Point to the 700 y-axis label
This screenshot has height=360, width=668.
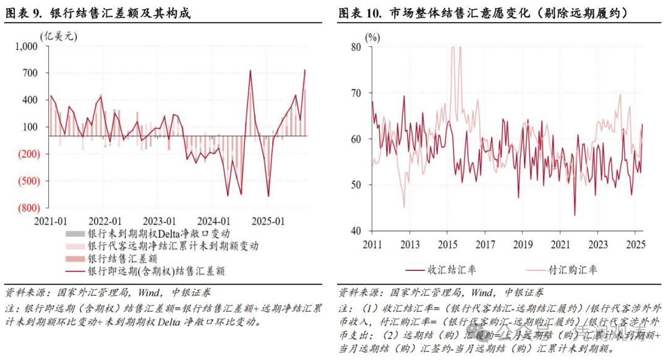point(29,73)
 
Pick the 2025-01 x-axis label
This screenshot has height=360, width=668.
point(271,221)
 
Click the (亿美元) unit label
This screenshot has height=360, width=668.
point(59,36)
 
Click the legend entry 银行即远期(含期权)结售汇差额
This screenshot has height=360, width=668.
point(155,270)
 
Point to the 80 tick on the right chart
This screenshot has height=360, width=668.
point(355,47)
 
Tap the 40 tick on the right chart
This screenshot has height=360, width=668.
point(355,231)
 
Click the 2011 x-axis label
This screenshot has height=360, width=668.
point(372,244)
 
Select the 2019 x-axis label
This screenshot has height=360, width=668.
point(523,244)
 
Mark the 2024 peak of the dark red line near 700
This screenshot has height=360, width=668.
point(250,71)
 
